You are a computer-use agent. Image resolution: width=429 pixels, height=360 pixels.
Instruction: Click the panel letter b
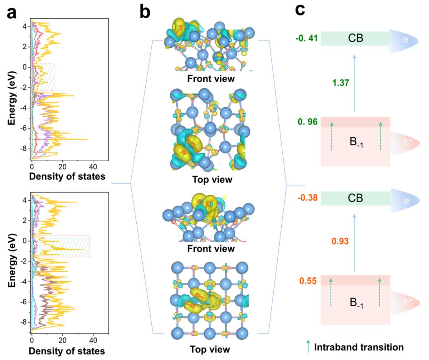[145, 13]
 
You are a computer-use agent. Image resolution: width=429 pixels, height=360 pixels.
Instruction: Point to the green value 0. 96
[306, 122]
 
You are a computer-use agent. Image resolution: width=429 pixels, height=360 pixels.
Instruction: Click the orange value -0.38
[306, 197]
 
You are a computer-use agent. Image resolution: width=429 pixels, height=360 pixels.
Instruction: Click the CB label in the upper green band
[355, 39]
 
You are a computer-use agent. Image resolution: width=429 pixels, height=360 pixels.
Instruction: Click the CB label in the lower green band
[355, 197]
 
